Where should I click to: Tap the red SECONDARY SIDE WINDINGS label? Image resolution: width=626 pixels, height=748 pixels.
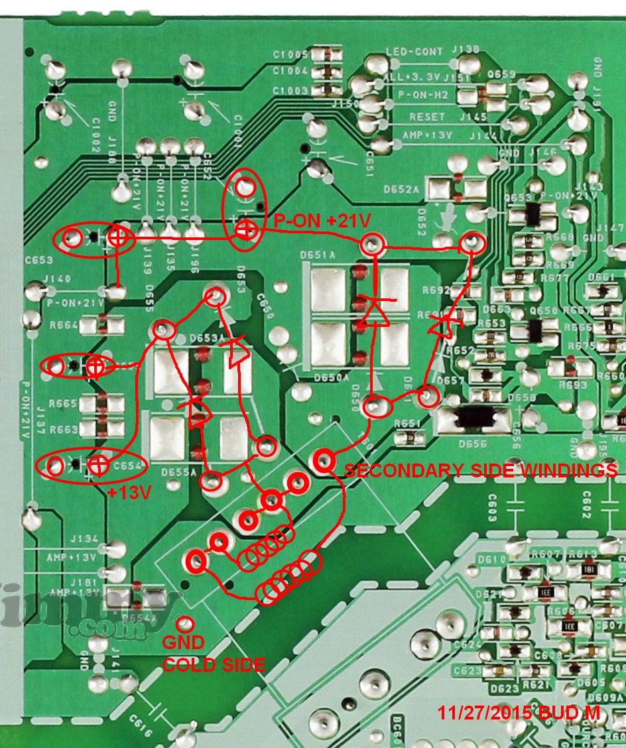click(x=481, y=471)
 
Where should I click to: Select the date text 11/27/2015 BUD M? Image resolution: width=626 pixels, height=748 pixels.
click(x=519, y=713)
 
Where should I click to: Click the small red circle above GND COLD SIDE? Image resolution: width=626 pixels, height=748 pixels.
click(x=186, y=623)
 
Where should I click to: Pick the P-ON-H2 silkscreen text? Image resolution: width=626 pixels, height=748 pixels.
click(x=422, y=95)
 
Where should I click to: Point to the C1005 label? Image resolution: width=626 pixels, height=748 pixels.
click(x=290, y=54)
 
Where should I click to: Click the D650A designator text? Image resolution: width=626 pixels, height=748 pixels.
click(x=333, y=377)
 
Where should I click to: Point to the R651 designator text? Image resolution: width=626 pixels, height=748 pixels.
click(x=407, y=423)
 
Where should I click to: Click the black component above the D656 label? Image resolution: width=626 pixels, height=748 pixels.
click(x=475, y=416)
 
